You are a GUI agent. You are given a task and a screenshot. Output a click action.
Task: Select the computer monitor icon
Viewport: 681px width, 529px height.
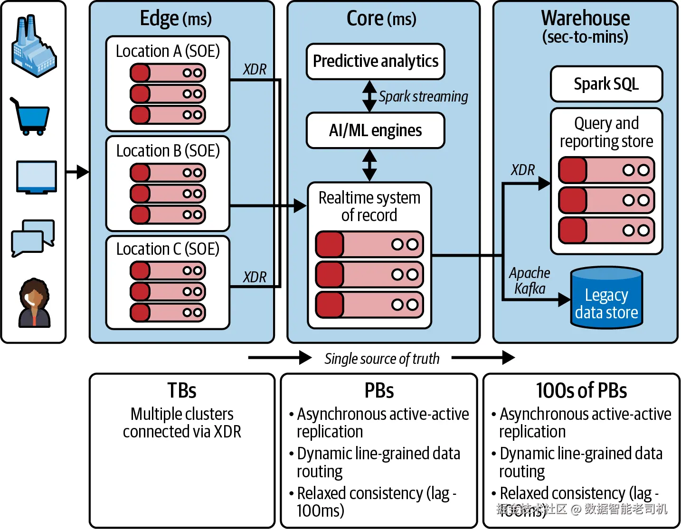[x=37, y=177]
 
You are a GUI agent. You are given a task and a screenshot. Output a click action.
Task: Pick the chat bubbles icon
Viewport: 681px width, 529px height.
[x=33, y=238]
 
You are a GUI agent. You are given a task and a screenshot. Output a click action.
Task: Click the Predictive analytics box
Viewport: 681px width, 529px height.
[x=375, y=62]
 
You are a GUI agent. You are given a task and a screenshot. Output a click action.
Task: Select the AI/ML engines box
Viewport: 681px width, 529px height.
[x=375, y=130]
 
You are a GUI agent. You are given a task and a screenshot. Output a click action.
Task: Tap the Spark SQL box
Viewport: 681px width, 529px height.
[x=606, y=84]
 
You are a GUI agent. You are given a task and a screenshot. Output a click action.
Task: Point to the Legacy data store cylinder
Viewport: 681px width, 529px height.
[x=606, y=298]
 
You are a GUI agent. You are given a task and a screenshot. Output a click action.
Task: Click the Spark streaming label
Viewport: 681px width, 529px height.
[x=423, y=97]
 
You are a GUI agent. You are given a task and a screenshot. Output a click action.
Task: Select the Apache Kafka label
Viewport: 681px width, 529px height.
[x=530, y=281]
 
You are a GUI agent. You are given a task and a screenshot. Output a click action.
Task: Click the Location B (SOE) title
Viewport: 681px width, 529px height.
[x=168, y=151]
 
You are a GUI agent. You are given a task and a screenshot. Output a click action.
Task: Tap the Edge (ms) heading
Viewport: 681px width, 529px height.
[x=176, y=19]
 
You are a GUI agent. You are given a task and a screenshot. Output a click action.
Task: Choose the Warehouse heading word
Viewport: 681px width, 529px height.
[x=585, y=18]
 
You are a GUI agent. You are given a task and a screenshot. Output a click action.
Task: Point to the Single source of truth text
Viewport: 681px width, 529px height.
[x=382, y=359]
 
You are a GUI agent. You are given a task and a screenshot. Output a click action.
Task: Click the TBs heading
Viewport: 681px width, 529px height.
[x=182, y=391]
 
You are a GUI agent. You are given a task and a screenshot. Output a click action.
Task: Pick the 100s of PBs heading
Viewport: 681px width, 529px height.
[x=581, y=391]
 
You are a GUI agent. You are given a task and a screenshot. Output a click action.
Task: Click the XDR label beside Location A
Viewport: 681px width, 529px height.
[x=255, y=70]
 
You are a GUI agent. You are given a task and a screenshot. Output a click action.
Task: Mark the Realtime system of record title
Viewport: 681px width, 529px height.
[x=369, y=206]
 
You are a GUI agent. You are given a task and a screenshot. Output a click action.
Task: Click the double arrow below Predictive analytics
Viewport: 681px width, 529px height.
[x=369, y=96]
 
